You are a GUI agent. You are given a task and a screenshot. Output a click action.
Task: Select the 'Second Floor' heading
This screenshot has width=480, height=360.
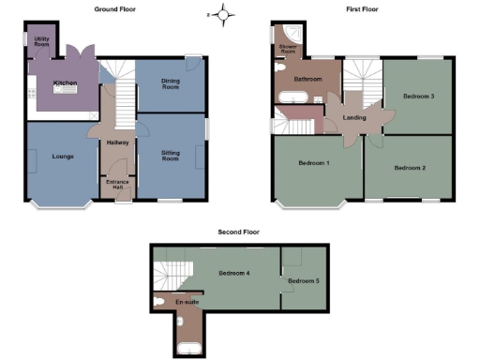[x=238, y=231]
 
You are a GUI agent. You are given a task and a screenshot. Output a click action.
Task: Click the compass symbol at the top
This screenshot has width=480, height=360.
[x=222, y=14]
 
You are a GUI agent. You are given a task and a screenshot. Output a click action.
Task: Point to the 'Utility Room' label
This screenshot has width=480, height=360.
[x=42, y=41]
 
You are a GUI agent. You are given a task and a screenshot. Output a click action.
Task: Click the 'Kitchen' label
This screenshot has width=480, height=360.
[x=65, y=83]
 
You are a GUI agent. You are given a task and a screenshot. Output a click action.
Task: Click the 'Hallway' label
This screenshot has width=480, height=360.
[x=117, y=142]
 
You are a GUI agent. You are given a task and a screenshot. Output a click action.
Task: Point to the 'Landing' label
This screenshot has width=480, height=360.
[x=354, y=118]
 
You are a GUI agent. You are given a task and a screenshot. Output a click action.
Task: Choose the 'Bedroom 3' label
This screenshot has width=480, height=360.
[x=419, y=96]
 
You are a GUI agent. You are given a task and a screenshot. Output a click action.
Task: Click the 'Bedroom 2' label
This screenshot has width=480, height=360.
[x=410, y=168]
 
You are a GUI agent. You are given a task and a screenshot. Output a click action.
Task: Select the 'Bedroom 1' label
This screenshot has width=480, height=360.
[x=314, y=163]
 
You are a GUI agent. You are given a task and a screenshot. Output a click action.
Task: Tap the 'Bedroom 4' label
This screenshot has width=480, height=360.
[x=233, y=273]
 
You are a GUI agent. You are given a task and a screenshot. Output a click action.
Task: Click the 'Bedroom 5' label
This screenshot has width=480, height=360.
[x=303, y=281]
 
